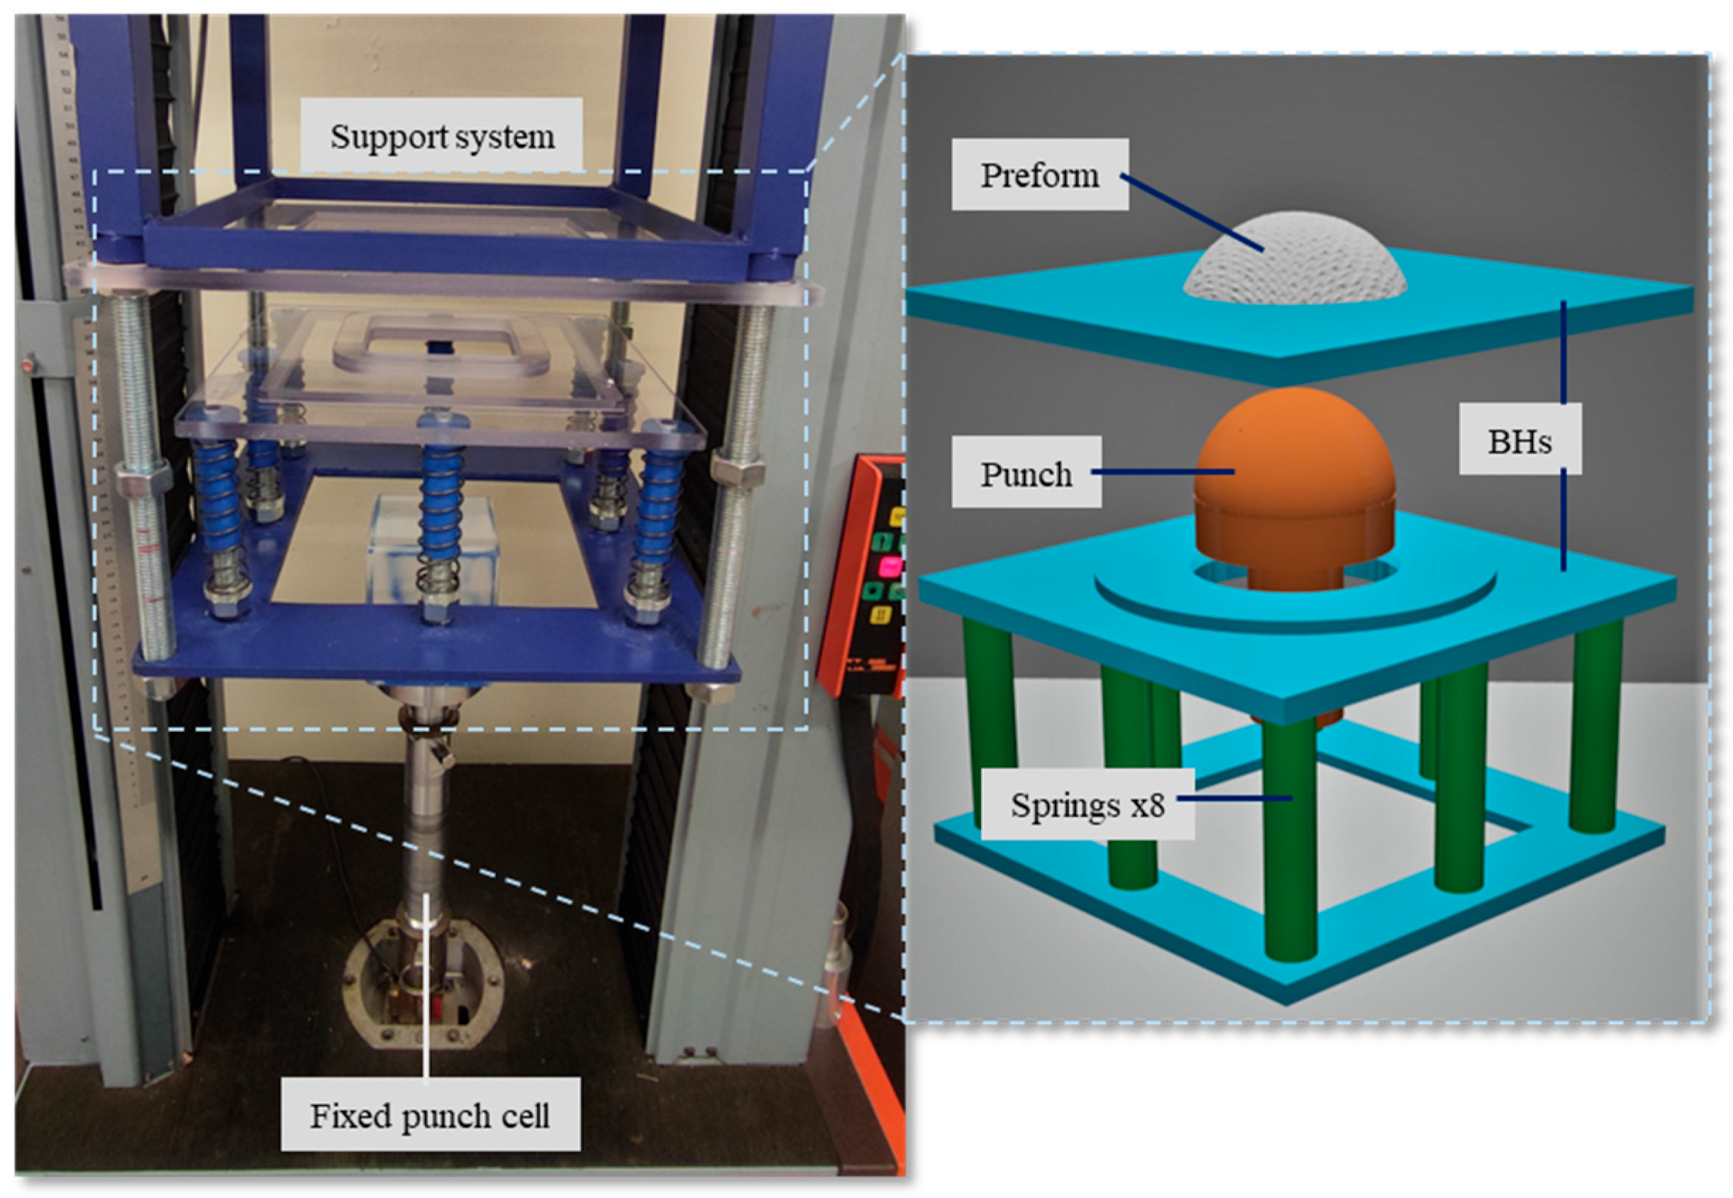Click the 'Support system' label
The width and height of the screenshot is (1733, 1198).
[x=441, y=136]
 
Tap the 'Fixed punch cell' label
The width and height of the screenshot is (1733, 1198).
[x=429, y=1116]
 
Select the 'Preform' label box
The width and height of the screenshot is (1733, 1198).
[x=1039, y=174]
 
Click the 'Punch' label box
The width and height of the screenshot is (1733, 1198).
[x=1026, y=473]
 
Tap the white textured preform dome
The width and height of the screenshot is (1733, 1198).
[x=1295, y=259]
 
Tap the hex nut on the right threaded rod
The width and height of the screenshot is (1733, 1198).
[x=737, y=472]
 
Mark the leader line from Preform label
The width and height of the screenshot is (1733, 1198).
[x=1193, y=213]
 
